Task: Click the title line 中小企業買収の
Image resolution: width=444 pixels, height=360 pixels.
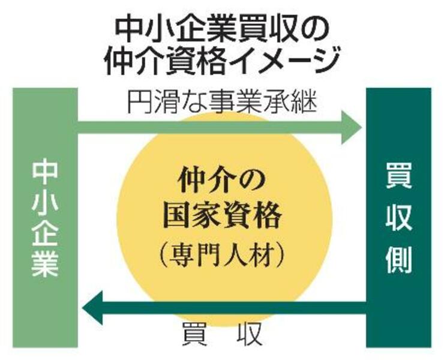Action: (222, 30)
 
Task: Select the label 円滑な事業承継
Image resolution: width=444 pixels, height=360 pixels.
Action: (222, 102)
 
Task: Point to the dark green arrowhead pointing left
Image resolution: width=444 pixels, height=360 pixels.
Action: (92, 307)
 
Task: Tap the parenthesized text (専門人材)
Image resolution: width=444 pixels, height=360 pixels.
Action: (222, 256)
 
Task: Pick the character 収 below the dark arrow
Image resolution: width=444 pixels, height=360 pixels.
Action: (248, 335)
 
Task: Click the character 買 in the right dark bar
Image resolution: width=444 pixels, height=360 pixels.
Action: (398, 175)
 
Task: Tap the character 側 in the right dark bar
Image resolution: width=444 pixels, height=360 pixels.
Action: (398, 260)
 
